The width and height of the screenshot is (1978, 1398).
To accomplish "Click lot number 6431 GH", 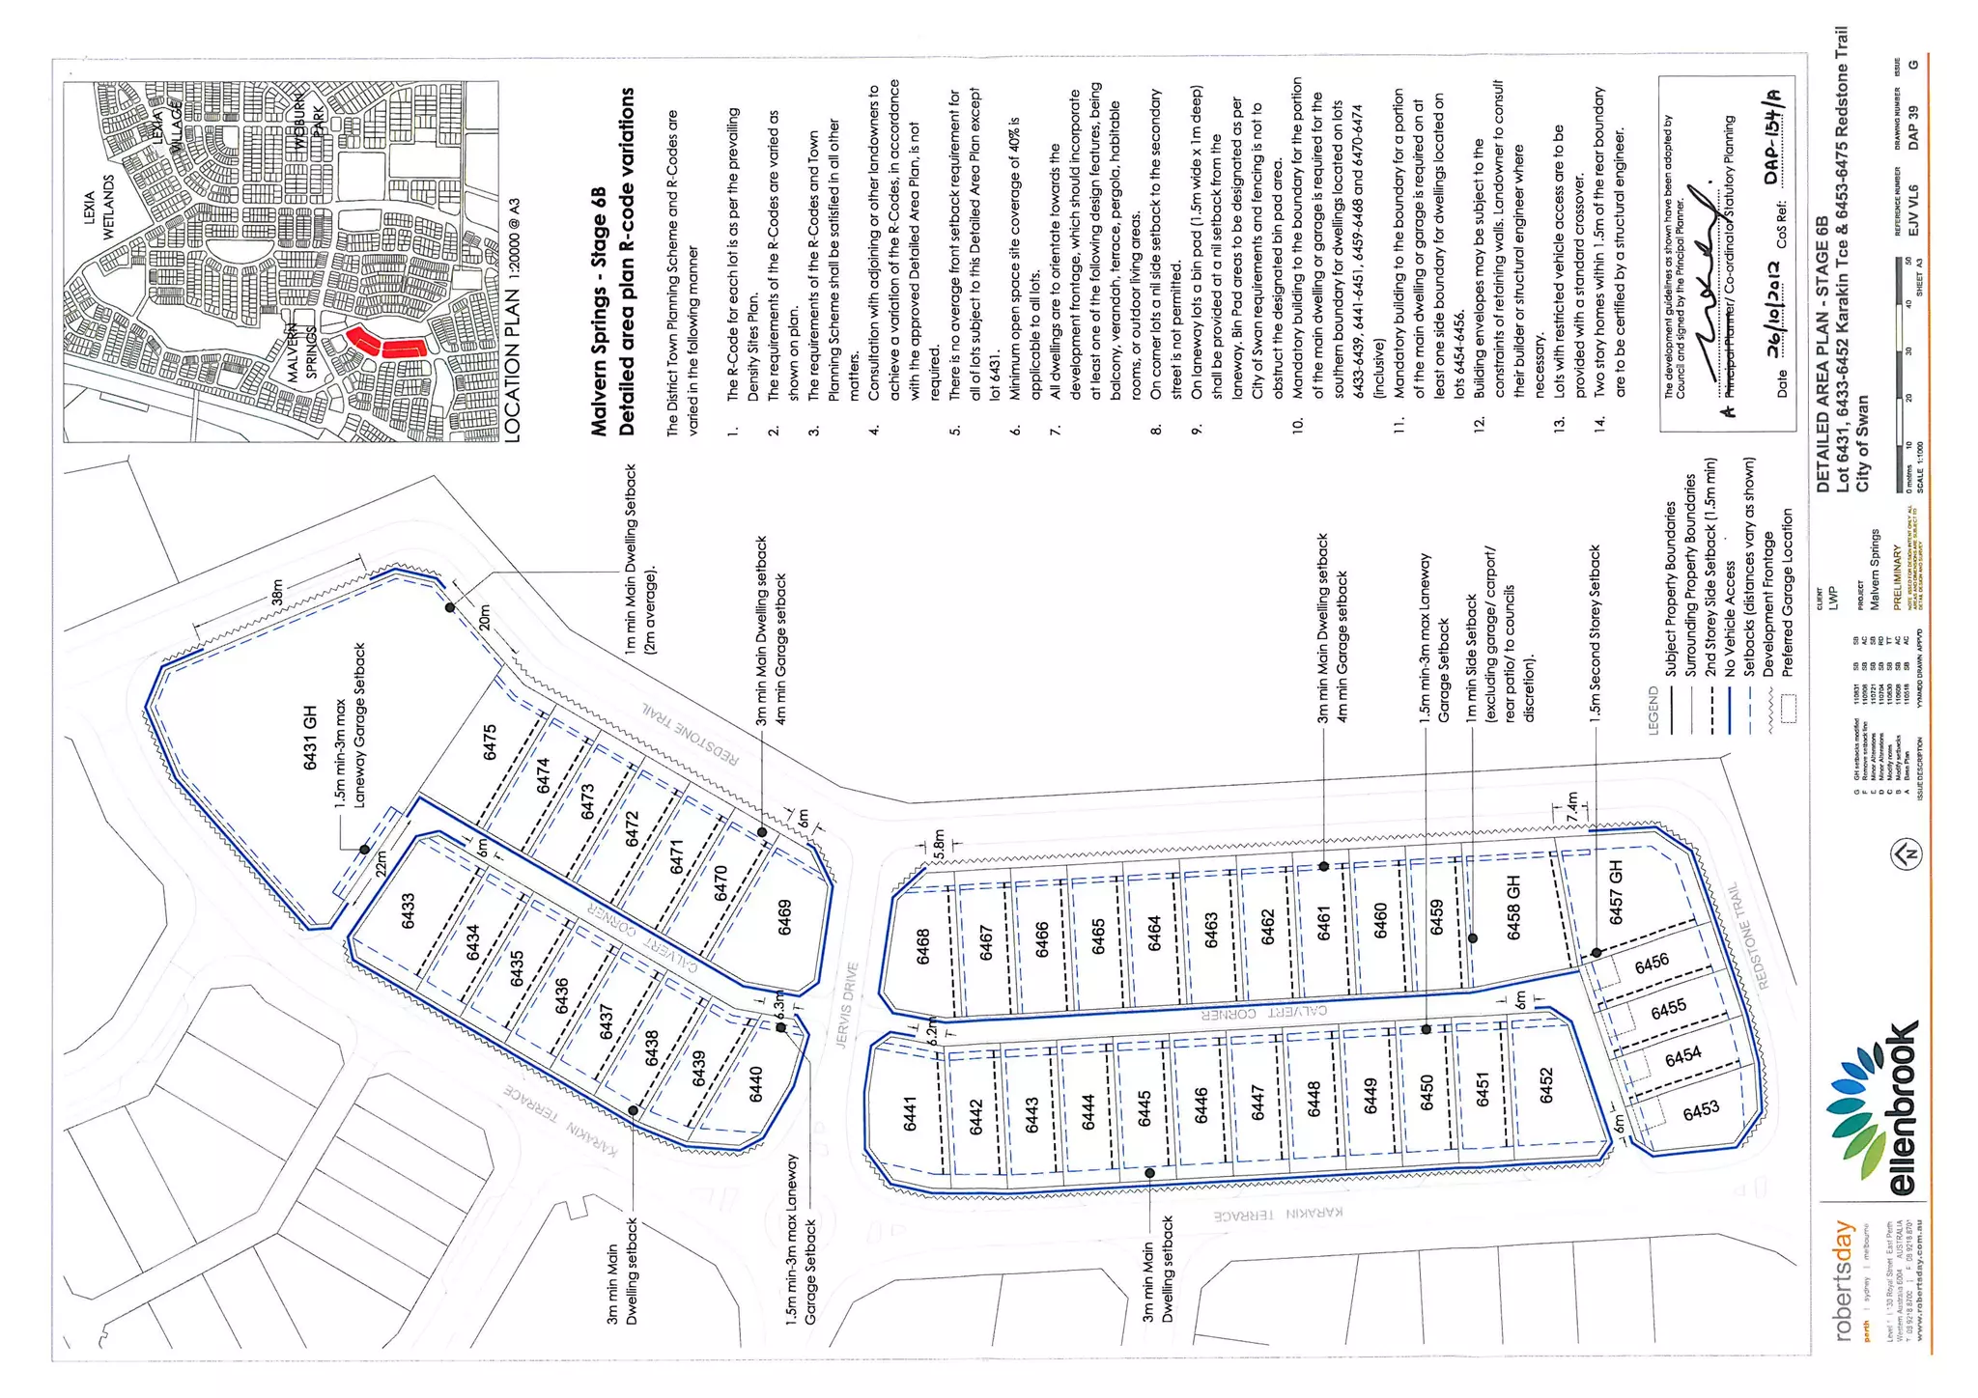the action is [310, 738].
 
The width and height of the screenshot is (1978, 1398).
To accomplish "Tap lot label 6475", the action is [490, 742].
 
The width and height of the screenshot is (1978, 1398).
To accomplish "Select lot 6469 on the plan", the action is [785, 917].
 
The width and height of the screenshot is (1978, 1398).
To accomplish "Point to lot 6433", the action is [409, 911].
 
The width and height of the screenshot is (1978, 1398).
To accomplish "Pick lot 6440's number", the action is [756, 1083].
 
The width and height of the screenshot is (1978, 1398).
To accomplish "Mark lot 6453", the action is [1701, 1110].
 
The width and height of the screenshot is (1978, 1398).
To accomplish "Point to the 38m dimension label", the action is [277, 593].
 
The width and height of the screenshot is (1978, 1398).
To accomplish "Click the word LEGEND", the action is [1653, 711].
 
